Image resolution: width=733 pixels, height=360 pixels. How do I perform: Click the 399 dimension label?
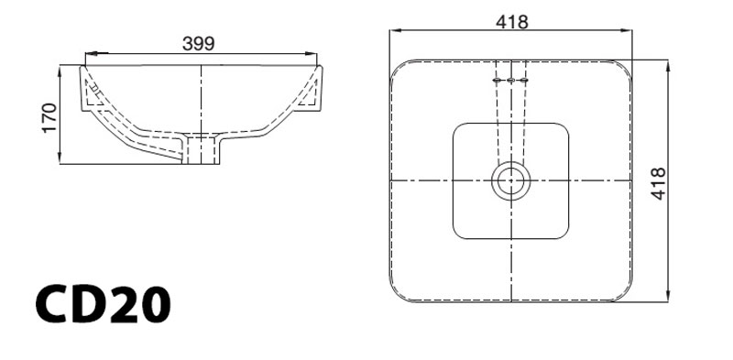coord(199,43)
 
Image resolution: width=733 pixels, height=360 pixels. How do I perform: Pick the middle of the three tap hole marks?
coord(510,82)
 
